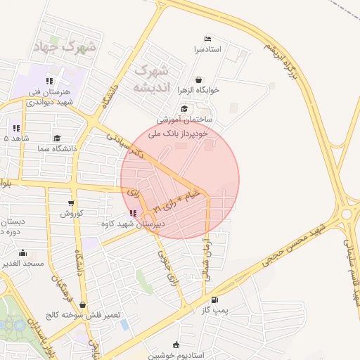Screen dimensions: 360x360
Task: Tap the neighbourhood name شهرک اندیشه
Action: pos(152,78)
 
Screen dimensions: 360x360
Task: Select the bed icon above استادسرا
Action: pos(207,39)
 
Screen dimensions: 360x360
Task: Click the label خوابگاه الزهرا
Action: pos(198,90)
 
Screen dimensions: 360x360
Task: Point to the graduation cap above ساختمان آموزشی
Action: pos(184,108)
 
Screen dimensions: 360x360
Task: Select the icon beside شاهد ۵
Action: pos(15,128)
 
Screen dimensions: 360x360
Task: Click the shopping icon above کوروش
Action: pos(70,202)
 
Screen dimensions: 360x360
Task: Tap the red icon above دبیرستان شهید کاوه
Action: pos(134,213)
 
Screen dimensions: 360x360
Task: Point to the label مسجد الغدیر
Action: pos(22,263)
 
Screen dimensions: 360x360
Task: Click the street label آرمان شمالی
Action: pos(207,256)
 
